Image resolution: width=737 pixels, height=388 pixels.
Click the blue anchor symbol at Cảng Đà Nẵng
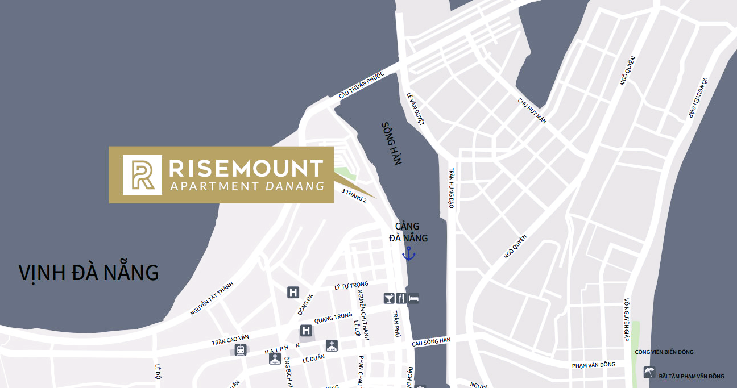click(408, 253)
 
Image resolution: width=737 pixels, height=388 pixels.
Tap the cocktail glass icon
click(389, 298)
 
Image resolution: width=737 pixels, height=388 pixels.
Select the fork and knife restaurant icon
click(401, 298)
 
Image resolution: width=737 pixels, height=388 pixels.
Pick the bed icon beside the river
click(413, 298)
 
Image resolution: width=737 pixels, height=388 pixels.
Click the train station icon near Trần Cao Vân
click(241, 349)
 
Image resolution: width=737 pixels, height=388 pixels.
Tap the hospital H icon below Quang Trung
click(306, 330)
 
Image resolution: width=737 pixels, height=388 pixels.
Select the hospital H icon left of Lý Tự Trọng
click(293, 293)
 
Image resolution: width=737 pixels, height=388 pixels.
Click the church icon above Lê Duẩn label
click(332, 345)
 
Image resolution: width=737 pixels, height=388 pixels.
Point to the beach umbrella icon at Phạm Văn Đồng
click(648, 373)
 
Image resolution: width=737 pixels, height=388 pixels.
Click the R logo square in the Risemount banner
click(142, 175)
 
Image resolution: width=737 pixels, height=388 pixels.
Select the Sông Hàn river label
click(392, 144)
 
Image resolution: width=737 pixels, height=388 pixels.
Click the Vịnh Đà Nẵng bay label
click(88, 273)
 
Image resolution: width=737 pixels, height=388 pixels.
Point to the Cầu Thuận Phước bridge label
click(362, 86)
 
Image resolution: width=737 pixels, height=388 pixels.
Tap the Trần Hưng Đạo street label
click(451, 188)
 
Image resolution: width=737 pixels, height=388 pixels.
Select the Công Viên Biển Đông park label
click(664, 352)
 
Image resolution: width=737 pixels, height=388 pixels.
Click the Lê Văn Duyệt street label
click(416, 109)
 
